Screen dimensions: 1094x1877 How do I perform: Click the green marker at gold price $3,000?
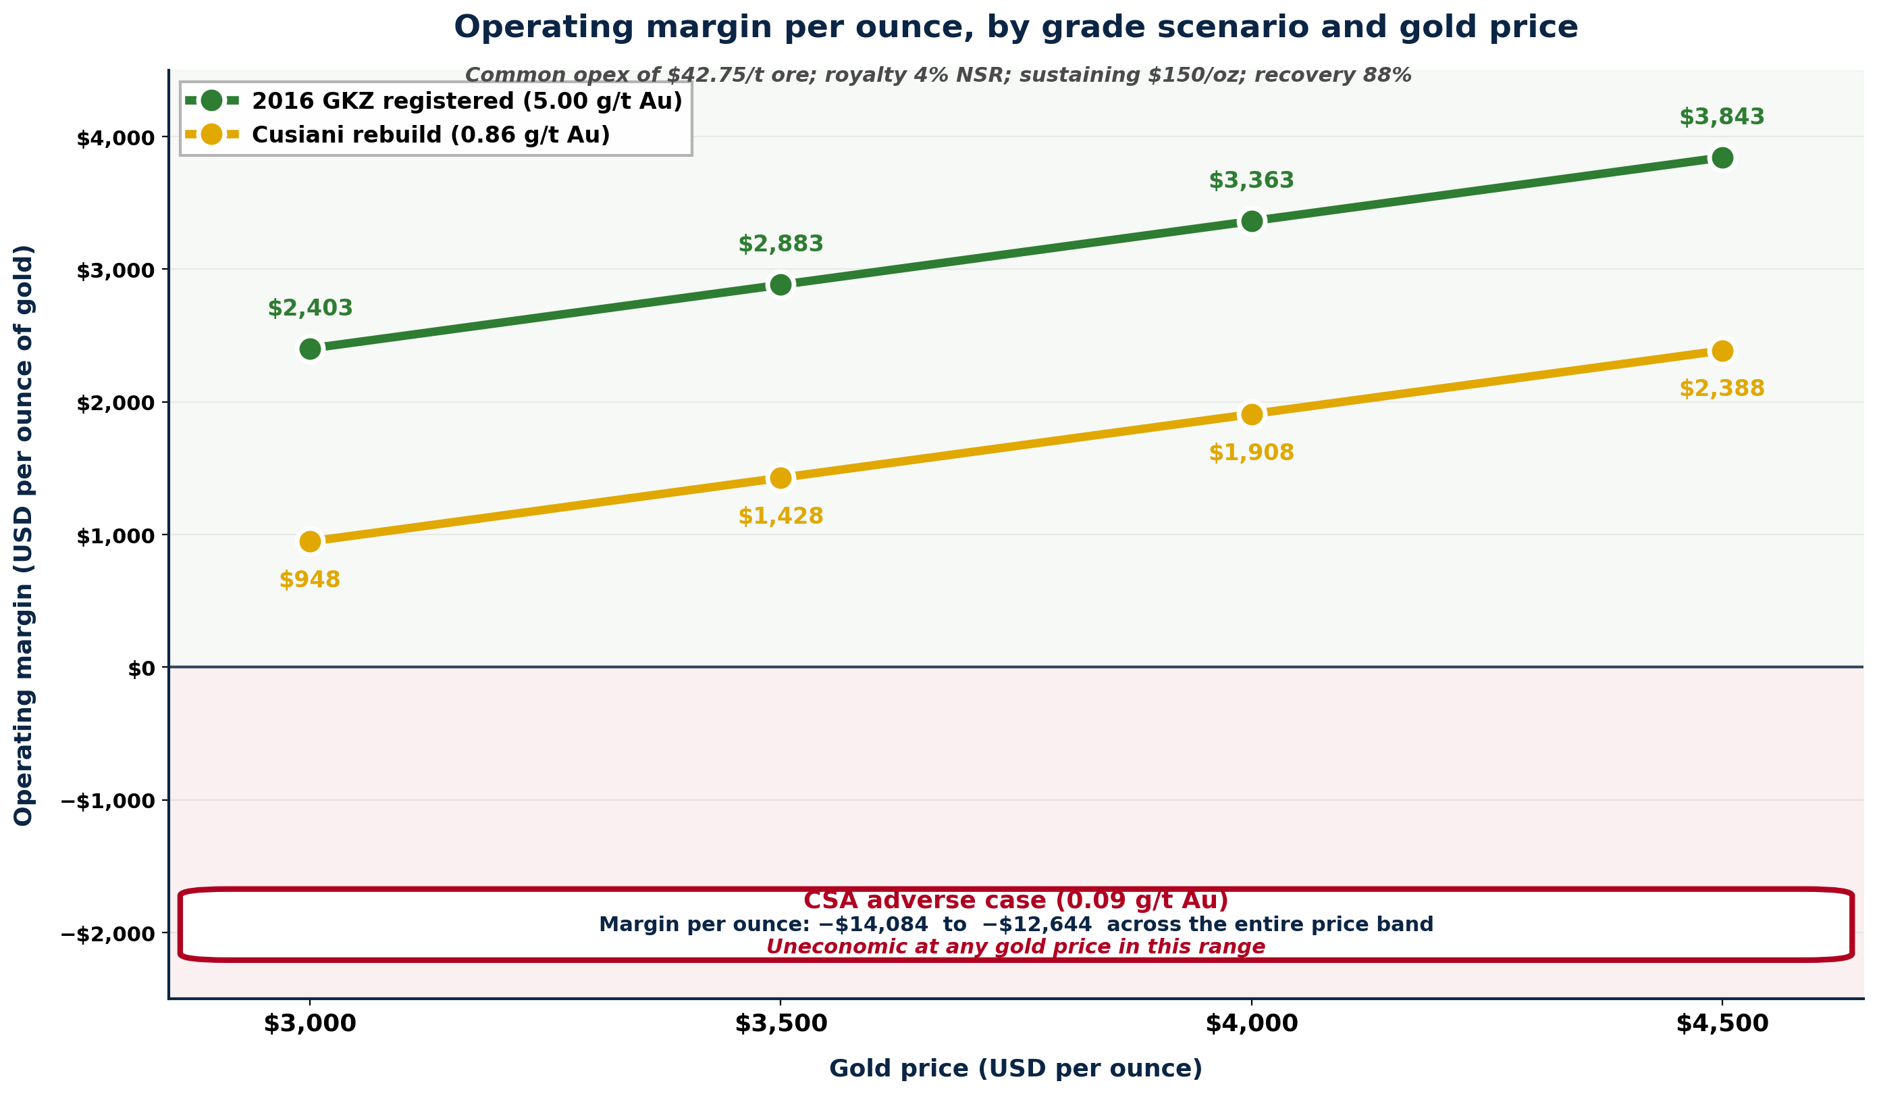click(x=310, y=349)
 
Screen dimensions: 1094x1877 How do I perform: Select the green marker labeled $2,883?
click(x=781, y=284)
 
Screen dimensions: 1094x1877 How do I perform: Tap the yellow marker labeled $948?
click(x=310, y=542)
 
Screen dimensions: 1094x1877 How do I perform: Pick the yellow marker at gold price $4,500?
click(x=1722, y=351)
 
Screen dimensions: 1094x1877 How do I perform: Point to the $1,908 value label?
click(x=1251, y=453)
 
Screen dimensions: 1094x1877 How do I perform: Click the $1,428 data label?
click(x=781, y=516)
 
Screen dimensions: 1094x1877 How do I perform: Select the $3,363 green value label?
click(x=1251, y=181)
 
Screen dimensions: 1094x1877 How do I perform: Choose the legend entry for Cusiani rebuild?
click(x=431, y=135)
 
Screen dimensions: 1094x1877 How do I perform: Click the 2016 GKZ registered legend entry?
click(x=467, y=101)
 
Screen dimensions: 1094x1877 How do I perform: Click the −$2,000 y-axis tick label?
click(x=108, y=935)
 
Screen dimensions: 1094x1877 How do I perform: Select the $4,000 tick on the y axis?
click(x=115, y=139)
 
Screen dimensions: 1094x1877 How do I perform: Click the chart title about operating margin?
click(x=1015, y=28)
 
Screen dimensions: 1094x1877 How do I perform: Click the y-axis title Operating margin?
click(x=24, y=535)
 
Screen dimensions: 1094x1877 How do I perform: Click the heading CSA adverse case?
click(x=1015, y=901)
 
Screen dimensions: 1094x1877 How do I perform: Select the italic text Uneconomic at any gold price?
click(x=1015, y=947)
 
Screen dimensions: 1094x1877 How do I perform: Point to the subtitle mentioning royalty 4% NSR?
click(x=938, y=75)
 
